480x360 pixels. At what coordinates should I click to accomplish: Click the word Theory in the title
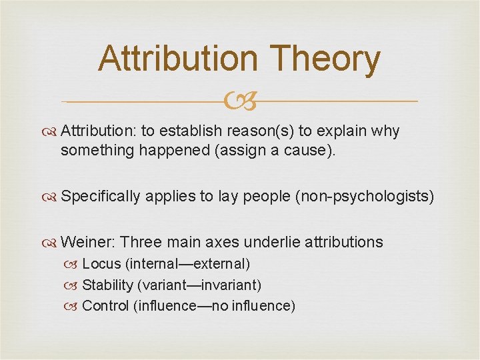point(327,59)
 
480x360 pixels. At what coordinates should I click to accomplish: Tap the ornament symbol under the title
point(241,101)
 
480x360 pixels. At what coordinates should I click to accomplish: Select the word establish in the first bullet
point(195,131)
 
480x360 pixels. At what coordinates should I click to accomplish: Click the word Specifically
point(100,196)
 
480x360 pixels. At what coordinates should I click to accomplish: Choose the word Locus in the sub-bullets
point(101,264)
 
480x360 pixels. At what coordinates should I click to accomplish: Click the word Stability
point(107,285)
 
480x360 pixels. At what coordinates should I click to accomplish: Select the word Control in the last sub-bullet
point(105,306)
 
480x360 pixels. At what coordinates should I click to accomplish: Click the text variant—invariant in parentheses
point(199,285)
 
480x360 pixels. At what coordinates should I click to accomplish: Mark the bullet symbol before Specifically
point(51,197)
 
